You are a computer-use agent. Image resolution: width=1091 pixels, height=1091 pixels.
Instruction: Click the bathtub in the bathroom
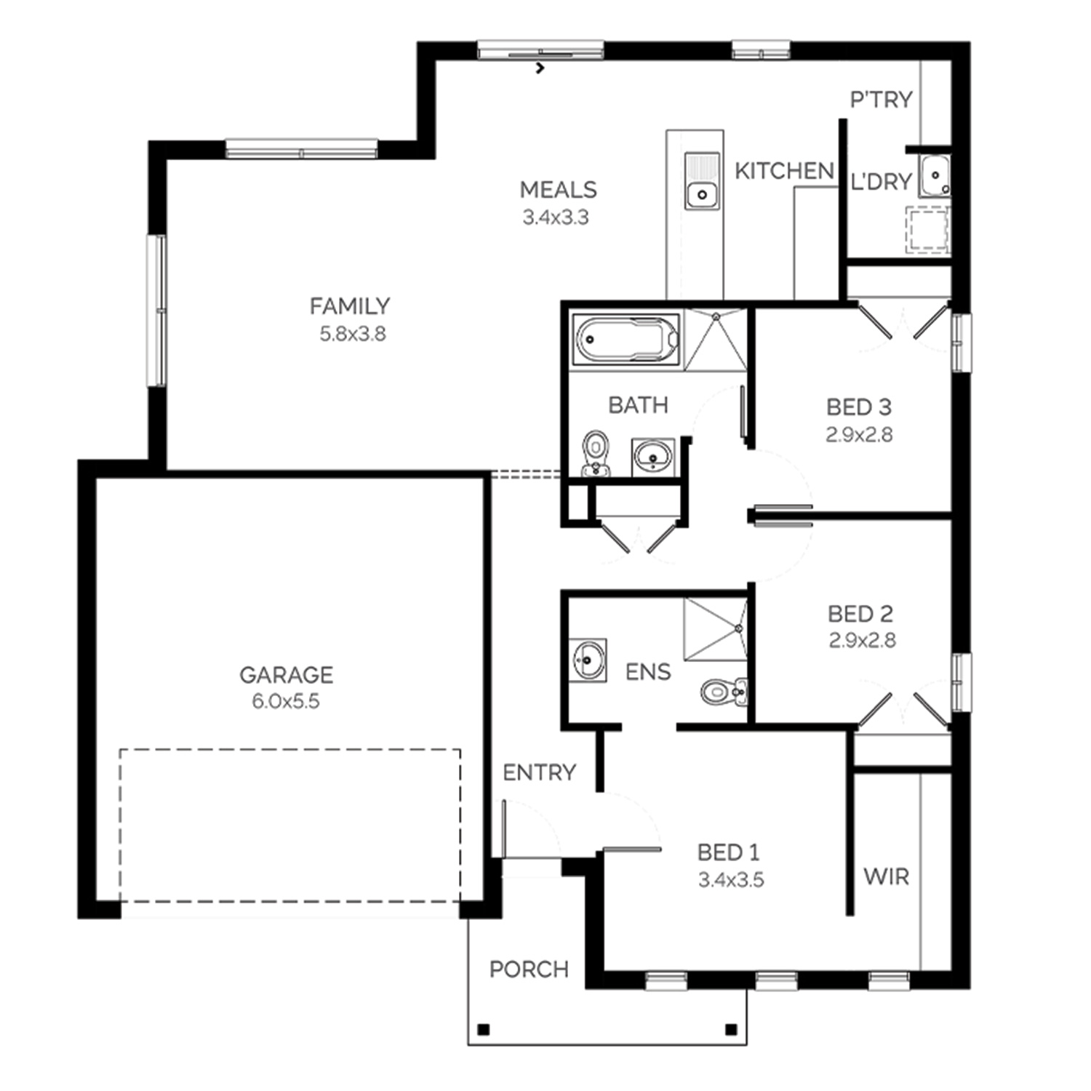[x=627, y=339]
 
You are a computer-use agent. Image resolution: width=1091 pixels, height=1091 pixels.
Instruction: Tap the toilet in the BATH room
[x=596, y=454]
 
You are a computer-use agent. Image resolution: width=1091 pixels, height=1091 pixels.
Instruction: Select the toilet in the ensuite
[x=724, y=691]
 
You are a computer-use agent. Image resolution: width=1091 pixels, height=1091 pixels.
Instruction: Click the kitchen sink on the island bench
[x=702, y=181]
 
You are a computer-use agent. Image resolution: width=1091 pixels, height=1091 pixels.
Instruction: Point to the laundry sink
[x=934, y=176]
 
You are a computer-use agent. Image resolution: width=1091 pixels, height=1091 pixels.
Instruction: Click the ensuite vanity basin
[x=587, y=660]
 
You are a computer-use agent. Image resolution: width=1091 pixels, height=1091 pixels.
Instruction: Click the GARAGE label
[x=286, y=675]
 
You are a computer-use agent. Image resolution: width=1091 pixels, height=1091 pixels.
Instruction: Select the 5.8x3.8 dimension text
[x=353, y=334]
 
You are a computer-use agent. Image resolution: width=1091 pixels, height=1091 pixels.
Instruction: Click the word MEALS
[x=558, y=190]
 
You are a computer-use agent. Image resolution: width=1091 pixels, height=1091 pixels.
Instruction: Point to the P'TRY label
[x=881, y=99]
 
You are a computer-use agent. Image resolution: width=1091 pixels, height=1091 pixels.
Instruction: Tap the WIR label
[x=886, y=876]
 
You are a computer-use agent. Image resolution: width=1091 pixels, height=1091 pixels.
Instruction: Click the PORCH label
[x=529, y=969]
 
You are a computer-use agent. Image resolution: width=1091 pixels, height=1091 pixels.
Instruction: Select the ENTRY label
[x=539, y=772]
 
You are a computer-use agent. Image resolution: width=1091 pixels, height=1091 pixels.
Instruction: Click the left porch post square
[x=482, y=1029]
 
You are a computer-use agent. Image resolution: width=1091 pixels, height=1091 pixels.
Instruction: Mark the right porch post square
[x=732, y=1029]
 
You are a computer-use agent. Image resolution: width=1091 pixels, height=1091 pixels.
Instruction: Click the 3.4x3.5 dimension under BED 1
[x=731, y=880]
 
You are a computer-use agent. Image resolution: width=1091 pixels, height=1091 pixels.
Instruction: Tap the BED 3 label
[x=858, y=407]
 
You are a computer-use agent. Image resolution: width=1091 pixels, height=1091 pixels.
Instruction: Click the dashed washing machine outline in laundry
[x=927, y=230]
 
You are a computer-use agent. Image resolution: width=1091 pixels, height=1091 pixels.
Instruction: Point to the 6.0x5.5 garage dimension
[x=286, y=702]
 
